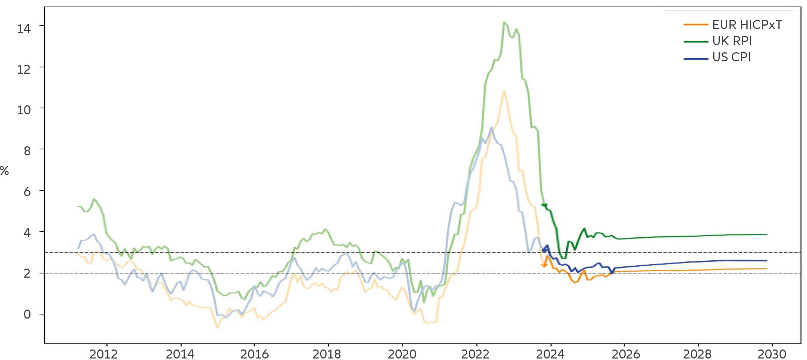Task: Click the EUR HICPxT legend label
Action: click(747, 25)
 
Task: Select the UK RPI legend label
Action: click(732, 41)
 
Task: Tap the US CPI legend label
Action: click(731, 57)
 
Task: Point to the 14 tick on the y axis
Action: click(24, 28)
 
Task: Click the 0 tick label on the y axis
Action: click(27, 314)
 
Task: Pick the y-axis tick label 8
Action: click(27, 151)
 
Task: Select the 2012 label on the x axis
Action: click(103, 354)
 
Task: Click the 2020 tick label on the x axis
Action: click(402, 354)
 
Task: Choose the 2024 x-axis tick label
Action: click(550, 354)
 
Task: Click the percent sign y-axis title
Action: click(4, 171)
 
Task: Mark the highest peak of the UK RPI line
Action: click(504, 22)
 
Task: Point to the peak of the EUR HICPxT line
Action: click(503, 91)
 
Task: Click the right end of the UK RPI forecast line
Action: click(767, 235)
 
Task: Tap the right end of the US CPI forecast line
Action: click(767, 261)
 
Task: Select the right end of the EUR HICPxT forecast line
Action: click(767, 269)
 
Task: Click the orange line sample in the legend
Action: click(696, 25)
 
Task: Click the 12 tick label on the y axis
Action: click(24, 69)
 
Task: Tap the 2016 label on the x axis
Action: click(254, 354)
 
